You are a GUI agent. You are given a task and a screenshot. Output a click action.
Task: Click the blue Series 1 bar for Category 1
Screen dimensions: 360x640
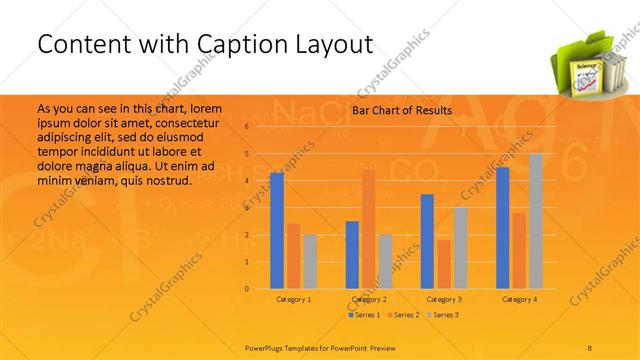pos(276,231)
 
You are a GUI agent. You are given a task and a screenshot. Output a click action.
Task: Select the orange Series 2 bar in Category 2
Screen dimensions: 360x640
pos(368,229)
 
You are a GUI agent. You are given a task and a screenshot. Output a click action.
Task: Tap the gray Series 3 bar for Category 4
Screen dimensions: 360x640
pos(535,221)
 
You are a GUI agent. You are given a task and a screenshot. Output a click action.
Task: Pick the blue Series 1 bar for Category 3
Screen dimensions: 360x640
pos(427,241)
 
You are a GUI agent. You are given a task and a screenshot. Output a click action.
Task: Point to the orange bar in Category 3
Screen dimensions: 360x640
pos(444,264)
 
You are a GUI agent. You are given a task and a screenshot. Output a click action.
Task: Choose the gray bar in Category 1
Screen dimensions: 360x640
pos(310,261)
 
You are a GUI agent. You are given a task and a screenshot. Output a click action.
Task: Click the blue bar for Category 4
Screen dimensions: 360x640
pos(502,228)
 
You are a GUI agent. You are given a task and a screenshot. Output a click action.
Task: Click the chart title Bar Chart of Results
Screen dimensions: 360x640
pos(402,110)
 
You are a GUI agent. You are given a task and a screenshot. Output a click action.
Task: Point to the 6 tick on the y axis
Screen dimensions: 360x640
pos(246,127)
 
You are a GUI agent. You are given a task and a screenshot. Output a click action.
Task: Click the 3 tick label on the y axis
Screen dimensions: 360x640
pos(246,208)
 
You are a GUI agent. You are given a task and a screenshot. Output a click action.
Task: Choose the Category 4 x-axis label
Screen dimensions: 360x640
pos(519,299)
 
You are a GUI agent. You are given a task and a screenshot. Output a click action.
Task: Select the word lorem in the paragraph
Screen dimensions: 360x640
pos(205,106)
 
